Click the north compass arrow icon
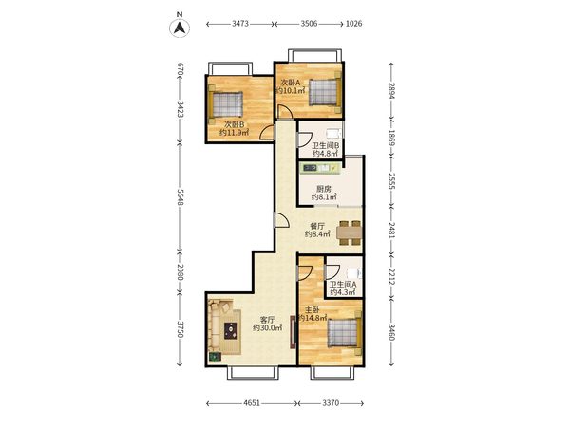(x=180, y=28)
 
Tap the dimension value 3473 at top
(x=240, y=24)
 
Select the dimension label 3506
(x=309, y=24)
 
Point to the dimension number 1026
(x=353, y=24)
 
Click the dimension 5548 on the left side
(x=180, y=196)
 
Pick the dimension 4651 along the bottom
(x=252, y=403)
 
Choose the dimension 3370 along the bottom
(x=331, y=403)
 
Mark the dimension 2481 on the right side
(x=391, y=231)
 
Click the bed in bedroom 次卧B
(x=225, y=104)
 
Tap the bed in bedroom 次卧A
(x=325, y=92)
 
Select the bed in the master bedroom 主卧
(x=345, y=333)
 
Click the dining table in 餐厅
(x=350, y=232)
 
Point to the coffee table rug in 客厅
(x=231, y=331)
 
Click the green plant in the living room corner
(x=215, y=357)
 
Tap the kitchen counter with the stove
(x=321, y=168)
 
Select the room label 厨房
(x=324, y=189)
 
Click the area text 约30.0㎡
(x=268, y=328)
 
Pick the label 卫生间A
(x=343, y=285)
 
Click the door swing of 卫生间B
(x=305, y=140)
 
